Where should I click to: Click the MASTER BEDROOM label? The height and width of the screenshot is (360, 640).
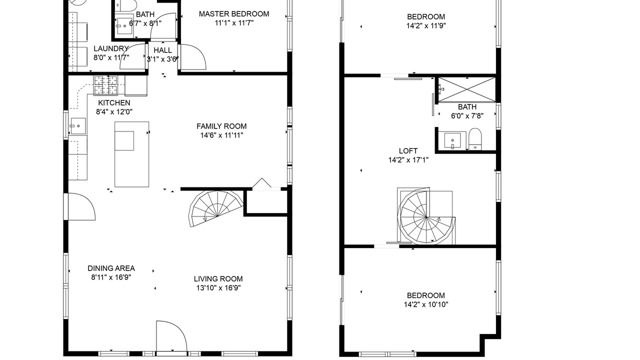coord(234,13)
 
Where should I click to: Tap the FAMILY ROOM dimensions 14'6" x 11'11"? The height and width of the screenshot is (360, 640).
coord(221,135)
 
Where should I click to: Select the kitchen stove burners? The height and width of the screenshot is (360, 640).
coord(105,85)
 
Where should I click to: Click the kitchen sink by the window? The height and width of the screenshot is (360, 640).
coord(78,126)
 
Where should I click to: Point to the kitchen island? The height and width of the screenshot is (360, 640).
coord(131,154)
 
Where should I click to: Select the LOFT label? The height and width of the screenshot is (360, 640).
coord(408,151)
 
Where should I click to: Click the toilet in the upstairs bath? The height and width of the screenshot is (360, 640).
coord(475,139)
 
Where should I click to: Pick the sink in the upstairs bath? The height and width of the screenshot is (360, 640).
coord(452,140)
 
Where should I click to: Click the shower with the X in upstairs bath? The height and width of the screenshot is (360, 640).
coord(467,89)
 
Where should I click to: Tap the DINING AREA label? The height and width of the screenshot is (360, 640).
coord(111,268)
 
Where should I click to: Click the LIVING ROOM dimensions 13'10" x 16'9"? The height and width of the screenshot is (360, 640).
coord(218,287)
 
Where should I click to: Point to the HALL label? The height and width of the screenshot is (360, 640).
coord(163,50)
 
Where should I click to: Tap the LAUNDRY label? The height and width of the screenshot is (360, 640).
coord(111,48)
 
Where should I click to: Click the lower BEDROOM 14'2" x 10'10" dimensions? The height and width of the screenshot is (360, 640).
coord(426,304)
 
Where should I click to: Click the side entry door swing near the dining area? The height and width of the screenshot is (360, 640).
coord(79,207)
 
